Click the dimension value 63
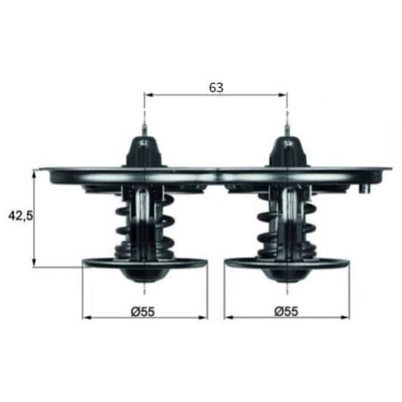[x=216, y=88]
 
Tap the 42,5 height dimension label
[x=20, y=215]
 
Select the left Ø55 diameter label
[x=143, y=312]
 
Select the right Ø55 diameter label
[x=286, y=311]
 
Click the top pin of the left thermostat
[x=144, y=131]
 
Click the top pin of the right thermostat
[x=287, y=131]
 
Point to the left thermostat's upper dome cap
[x=144, y=152]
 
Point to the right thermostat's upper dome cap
[x=288, y=152]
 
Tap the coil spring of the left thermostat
[x=145, y=226]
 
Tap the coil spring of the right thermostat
[x=287, y=226]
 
